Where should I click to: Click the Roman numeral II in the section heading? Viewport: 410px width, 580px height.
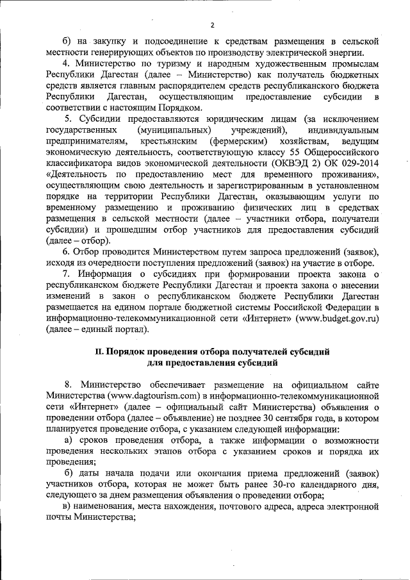pyautogui.click(x=99, y=351)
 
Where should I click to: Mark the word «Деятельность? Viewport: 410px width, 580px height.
pyautogui.click(x=78, y=174)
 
